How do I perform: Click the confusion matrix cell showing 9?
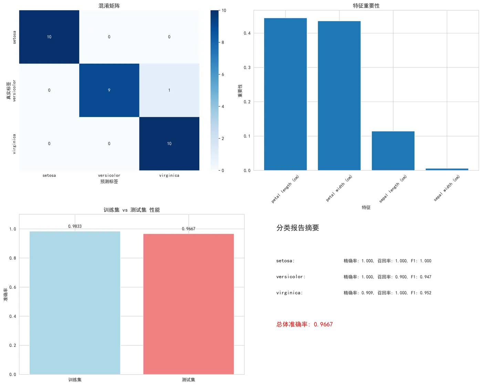[109, 90]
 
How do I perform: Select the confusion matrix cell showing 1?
[169, 90]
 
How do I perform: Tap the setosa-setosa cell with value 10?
[49, 37]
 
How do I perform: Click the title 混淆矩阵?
[109, 6]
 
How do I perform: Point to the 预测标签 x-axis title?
[109, 181]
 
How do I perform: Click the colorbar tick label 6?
[223, 74]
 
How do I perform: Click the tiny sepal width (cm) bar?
[447, 169]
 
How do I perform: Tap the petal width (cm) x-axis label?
[339, 188]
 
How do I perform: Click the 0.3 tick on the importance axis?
[247, 67]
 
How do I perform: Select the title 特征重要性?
[366, 6]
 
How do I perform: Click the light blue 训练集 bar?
[75, 303]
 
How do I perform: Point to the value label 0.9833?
[75, 226]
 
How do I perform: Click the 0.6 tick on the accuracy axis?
[13, 287]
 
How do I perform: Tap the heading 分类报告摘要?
[298, 228]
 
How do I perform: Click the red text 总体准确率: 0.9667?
[304, 324]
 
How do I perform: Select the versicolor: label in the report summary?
[291, 277]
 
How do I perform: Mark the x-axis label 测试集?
[188, 379]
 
